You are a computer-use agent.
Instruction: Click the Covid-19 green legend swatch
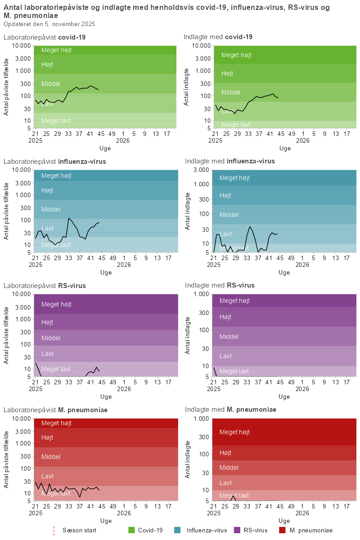coord(132,530)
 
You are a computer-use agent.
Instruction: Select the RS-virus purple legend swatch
coord(237,530)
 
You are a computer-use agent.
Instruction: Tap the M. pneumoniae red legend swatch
coord(282,530)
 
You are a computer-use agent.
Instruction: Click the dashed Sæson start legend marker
coord(54,530)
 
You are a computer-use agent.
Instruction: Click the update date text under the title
coord(49,24)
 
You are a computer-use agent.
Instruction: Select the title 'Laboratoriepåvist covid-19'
coord(45,37)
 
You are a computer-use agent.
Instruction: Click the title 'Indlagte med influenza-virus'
coord(229,161)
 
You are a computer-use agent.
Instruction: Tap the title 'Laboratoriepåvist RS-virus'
coord(45,285)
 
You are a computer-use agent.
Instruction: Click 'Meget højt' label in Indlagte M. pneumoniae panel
coord(234,432)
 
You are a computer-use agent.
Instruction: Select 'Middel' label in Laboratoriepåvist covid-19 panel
coord(50,84)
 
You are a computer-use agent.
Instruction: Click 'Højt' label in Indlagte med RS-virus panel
coord(225,317)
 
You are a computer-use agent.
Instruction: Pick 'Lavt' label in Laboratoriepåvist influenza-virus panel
coord(47,228)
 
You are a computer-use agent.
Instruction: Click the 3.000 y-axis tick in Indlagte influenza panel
coord(201,170)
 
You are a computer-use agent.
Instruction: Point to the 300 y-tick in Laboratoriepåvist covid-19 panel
coord(26,84)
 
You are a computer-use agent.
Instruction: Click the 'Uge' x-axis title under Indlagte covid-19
coord(285,148)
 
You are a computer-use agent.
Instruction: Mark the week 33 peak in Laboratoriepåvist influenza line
coord(68,218)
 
